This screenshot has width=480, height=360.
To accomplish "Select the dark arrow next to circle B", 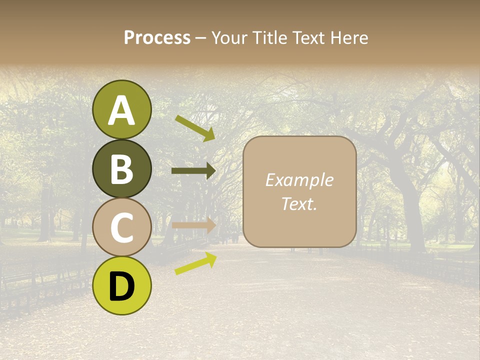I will pyautogui.click(x=193, y=171).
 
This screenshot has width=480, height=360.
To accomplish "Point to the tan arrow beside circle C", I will pyautogui.click(x=193, y=225).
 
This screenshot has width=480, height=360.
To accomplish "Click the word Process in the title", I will pyautogui.click(x=157, y=38).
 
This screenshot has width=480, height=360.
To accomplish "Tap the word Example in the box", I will pyautogui.click(x=299, y=180).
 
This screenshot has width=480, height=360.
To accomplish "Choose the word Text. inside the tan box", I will pyautogui.click(x=299, y=203).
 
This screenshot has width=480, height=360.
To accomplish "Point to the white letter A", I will pyautogui.click(x=122, y=111).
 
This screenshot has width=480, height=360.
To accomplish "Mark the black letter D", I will pyautogui.click(x=122, y=286).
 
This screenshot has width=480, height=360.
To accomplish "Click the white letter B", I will pyautogui.click(x=122, y=169).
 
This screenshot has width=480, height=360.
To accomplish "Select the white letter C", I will pyautogui.click(x=122, y=228).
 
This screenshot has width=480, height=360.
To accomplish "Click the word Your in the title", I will pyautogui.click(x=229, y=38).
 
